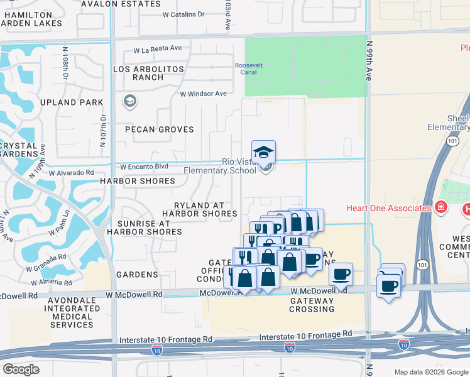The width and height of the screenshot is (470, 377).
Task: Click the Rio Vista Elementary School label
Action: (x=214, y=166)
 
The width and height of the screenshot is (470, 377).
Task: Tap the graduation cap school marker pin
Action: (x=263, y=152)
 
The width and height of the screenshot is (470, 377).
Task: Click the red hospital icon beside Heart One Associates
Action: (x=442, y=207)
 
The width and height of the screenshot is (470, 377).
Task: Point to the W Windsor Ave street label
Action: (x=203, y=94)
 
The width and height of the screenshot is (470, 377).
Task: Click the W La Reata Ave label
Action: (x=157, y=49)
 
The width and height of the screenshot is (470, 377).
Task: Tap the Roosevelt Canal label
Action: (x=250, y=68)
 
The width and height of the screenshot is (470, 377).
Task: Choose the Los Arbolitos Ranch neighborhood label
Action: (x=149, y=73)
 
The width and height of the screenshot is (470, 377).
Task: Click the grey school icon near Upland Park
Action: (x=130, y=102)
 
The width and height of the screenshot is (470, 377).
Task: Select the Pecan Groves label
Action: (x=150, y=129)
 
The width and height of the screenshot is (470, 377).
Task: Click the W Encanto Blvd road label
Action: (x=145, y=167)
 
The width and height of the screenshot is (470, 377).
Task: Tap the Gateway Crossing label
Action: (x=312, y=305)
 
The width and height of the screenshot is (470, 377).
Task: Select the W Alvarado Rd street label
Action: (x=71, y=172)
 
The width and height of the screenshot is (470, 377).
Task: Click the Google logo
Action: (x=21, y=369)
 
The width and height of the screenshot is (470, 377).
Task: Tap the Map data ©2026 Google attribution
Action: (x=430, y=372)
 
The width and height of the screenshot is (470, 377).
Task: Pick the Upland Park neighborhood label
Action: (x=71, y=102)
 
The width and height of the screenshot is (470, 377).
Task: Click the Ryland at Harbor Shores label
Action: (x=199, y=209)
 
